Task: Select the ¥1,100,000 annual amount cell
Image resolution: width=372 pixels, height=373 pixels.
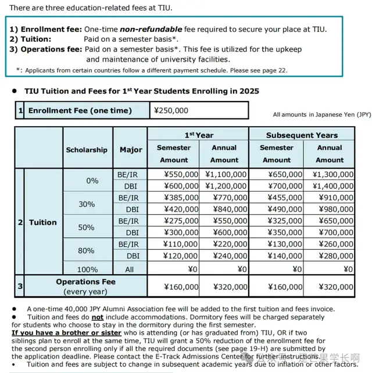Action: pyautogui.click(x=225, y=174)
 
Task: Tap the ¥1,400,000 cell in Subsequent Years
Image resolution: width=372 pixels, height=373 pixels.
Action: pyautogui.click(x=332, y=185)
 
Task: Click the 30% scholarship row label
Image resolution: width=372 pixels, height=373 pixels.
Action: pyautogui.click(x=86, y=204)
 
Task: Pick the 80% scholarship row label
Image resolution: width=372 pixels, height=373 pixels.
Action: pyautogui.click(x=86, y=250)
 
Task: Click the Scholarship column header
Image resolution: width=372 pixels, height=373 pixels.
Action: pyautogui.click(x=87, y=149)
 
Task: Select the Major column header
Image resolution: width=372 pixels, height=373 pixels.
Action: pyautogui.click(x=131, y=149)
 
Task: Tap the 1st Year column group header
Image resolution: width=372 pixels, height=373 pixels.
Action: pyautogui.click(x=198, y=135)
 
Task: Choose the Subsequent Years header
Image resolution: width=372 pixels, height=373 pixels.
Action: pyautogui.click(x=302, y=135)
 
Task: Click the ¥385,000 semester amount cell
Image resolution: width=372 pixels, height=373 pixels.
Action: pyautogui.click(x=173, y=198)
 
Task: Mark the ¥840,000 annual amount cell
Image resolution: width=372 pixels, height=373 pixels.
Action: pyautogui.click(x=225, y=209)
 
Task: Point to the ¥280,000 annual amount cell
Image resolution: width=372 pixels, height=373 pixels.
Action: pyautogui.click(x=332, y=256)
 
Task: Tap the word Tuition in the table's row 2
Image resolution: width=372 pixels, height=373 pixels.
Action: pyautogui.click(x=43, y=222)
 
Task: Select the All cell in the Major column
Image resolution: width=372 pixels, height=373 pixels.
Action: pyautogui.click(x=130, y=269)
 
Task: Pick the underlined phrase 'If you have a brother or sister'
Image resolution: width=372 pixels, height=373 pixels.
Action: pyautogui.click(x=66, y=333)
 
